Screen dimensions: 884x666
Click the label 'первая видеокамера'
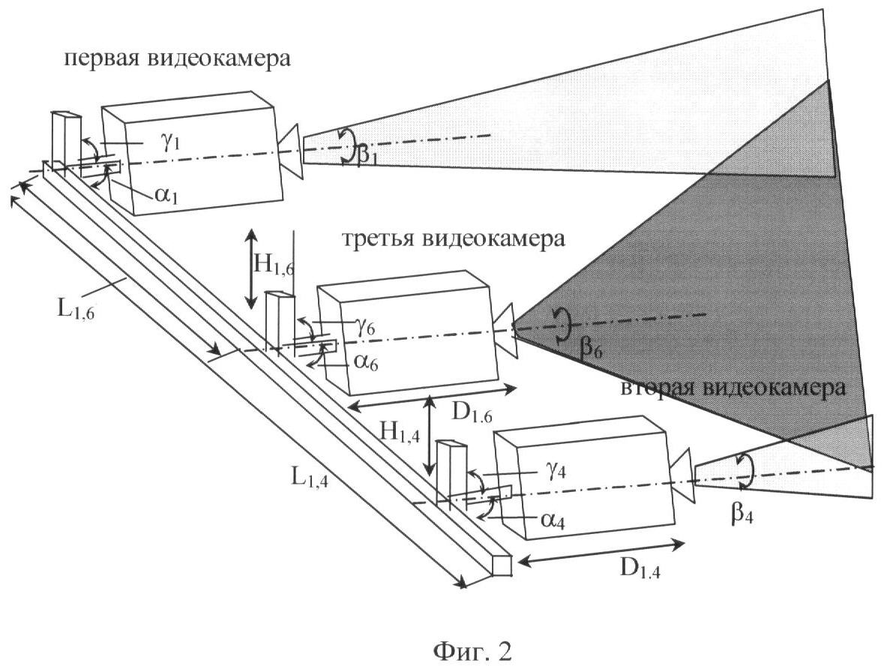click(177, 58)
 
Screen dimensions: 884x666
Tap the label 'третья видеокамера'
click(453, 239)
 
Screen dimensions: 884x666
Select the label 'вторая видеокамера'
click(733, 388)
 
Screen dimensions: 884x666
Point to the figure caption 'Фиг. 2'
click(472, 652)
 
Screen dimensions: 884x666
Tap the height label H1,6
click(274, 265)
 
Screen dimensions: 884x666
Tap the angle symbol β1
click(367, 154)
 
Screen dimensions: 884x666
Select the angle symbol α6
click(367, 362)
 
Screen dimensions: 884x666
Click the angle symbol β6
click(591, 349)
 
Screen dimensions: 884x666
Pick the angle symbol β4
click(742, 514)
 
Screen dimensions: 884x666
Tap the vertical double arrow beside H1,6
click(251, 268)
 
